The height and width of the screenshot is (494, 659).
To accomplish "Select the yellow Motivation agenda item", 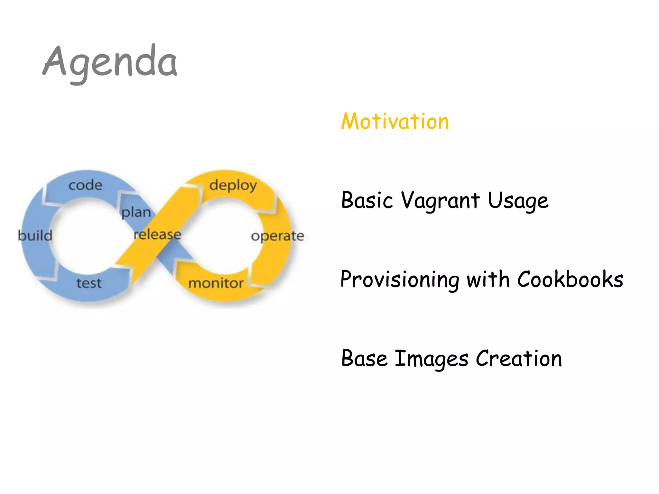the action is (395, 122).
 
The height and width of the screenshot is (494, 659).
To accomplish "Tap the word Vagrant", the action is (441, 200).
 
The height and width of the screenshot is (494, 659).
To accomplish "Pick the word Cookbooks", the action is (570, 279).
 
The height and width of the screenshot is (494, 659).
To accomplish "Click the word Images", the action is (431, 359).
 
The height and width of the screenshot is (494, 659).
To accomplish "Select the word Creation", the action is (519, 358).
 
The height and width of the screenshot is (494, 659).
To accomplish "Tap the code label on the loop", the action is (86, 185).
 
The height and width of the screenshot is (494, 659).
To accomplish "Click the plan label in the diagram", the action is (136, 213).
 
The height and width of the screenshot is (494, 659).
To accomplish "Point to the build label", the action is (35, 235).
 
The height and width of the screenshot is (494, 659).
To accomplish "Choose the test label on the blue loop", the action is (89, 283).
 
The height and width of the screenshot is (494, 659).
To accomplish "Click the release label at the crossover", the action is (157, 234).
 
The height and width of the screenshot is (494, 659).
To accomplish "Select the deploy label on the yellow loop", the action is (233, 186).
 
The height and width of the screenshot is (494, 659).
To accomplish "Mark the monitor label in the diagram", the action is (216, 283).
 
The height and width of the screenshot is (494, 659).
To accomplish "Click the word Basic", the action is (367, 200).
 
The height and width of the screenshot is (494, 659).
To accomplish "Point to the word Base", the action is (364, 358).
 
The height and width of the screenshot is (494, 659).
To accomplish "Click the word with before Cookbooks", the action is (488, 279).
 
